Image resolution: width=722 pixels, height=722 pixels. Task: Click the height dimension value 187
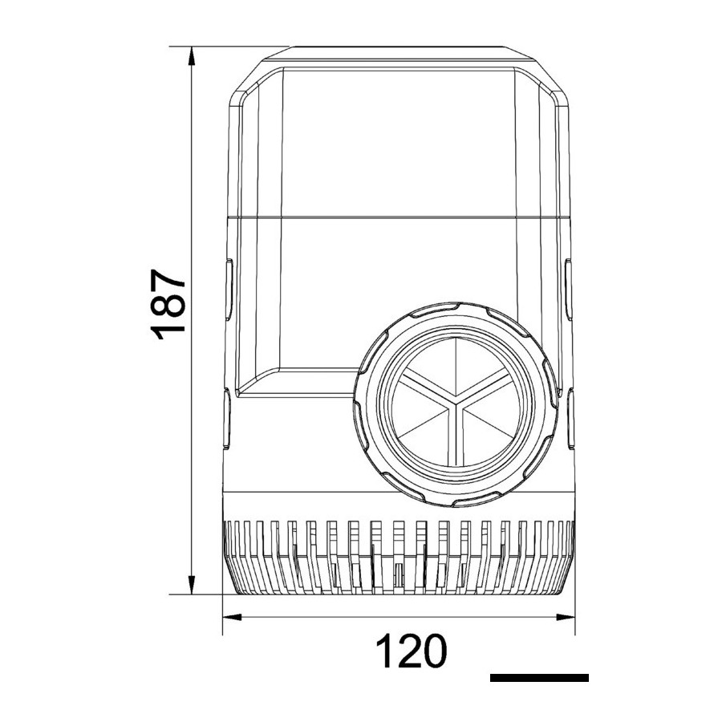(168, 304)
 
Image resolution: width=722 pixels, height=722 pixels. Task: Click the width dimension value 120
(412, 651)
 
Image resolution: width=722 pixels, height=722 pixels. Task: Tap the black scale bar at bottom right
(539, 678)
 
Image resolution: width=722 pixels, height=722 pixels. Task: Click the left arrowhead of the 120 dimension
(233, 617)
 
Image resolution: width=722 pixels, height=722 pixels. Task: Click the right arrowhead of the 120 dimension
(566, 617)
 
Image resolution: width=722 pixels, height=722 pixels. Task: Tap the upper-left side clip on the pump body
(229, 290)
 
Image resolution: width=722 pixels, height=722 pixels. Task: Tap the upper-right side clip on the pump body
(569, 290)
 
